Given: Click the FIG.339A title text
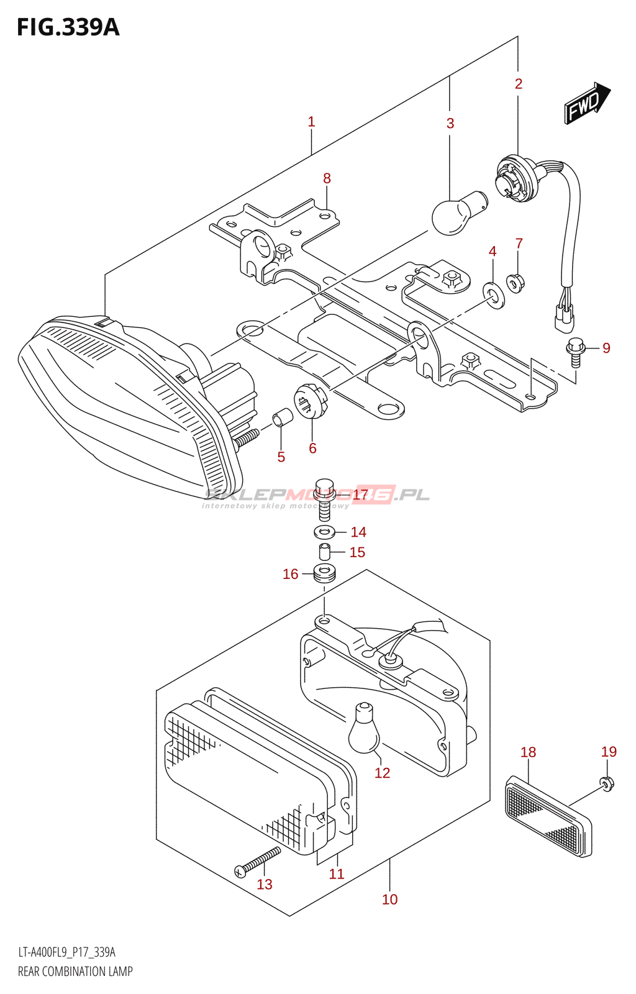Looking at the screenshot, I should tap(68, 27).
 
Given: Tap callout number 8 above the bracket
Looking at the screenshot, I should tap(327, 178).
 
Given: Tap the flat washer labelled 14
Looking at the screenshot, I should tap(324, 532).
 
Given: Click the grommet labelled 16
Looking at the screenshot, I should tap(324, 573).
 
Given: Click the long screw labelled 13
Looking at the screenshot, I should tap(257, 862).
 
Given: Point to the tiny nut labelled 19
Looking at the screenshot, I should tap(607, 783).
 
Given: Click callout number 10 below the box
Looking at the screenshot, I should tap(389, 899).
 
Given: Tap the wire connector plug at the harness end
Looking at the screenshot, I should tap(565, 318).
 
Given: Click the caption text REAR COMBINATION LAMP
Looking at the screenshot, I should tap(75, 972).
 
